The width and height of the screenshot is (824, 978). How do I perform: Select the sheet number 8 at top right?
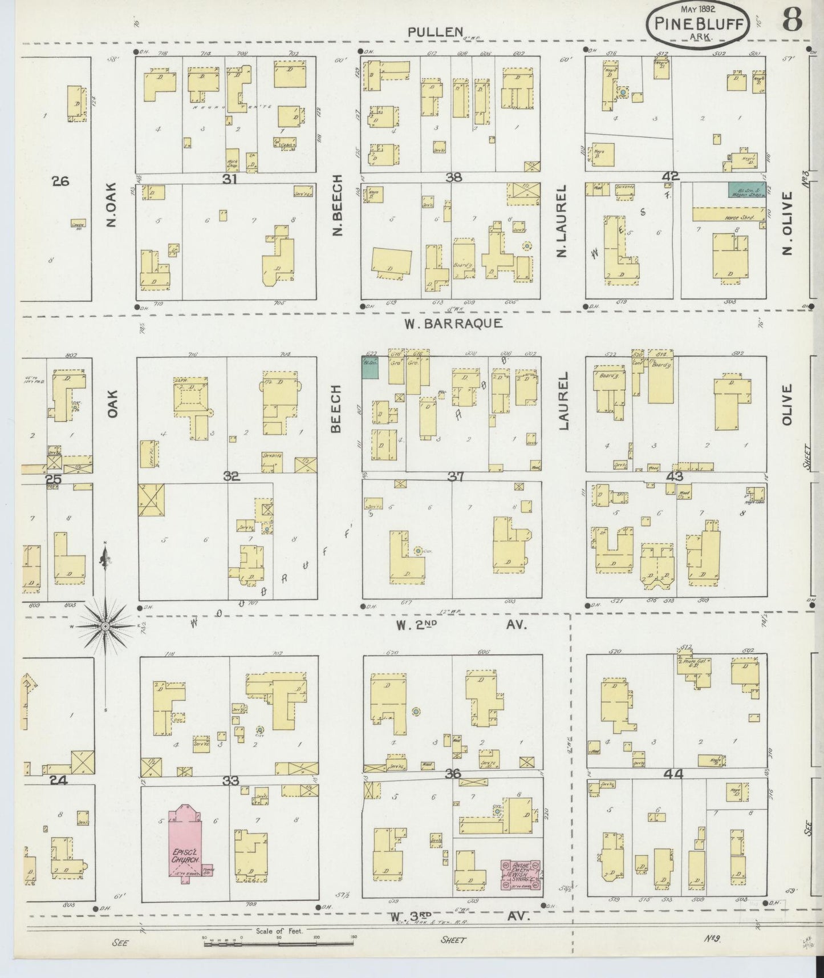click(792, 20)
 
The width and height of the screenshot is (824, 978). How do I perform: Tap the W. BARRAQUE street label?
click(453, 324)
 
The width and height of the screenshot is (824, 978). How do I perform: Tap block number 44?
click(673, 774)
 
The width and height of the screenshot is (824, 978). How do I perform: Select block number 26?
click(60, 181)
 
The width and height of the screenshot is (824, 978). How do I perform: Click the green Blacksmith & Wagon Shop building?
click(746, 190)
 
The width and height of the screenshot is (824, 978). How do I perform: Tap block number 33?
click(230, 780)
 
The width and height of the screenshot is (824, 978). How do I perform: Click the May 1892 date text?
click(698, 9)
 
